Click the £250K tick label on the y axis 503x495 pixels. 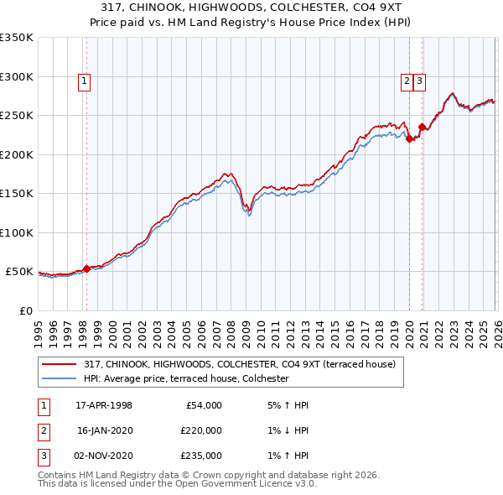click(17, 116)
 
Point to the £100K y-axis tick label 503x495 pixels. click(17, 232)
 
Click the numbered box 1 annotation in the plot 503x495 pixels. click(86, 81)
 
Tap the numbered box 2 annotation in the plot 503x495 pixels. click(407, 81)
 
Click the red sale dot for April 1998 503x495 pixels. click(86, 268)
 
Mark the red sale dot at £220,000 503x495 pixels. click(409, 139)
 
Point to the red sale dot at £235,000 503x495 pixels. click(422, 128)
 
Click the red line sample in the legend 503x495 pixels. click(60, 364)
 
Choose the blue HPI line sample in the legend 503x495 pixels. click(60, 379)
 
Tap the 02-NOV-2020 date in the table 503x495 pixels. click(104, 456)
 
